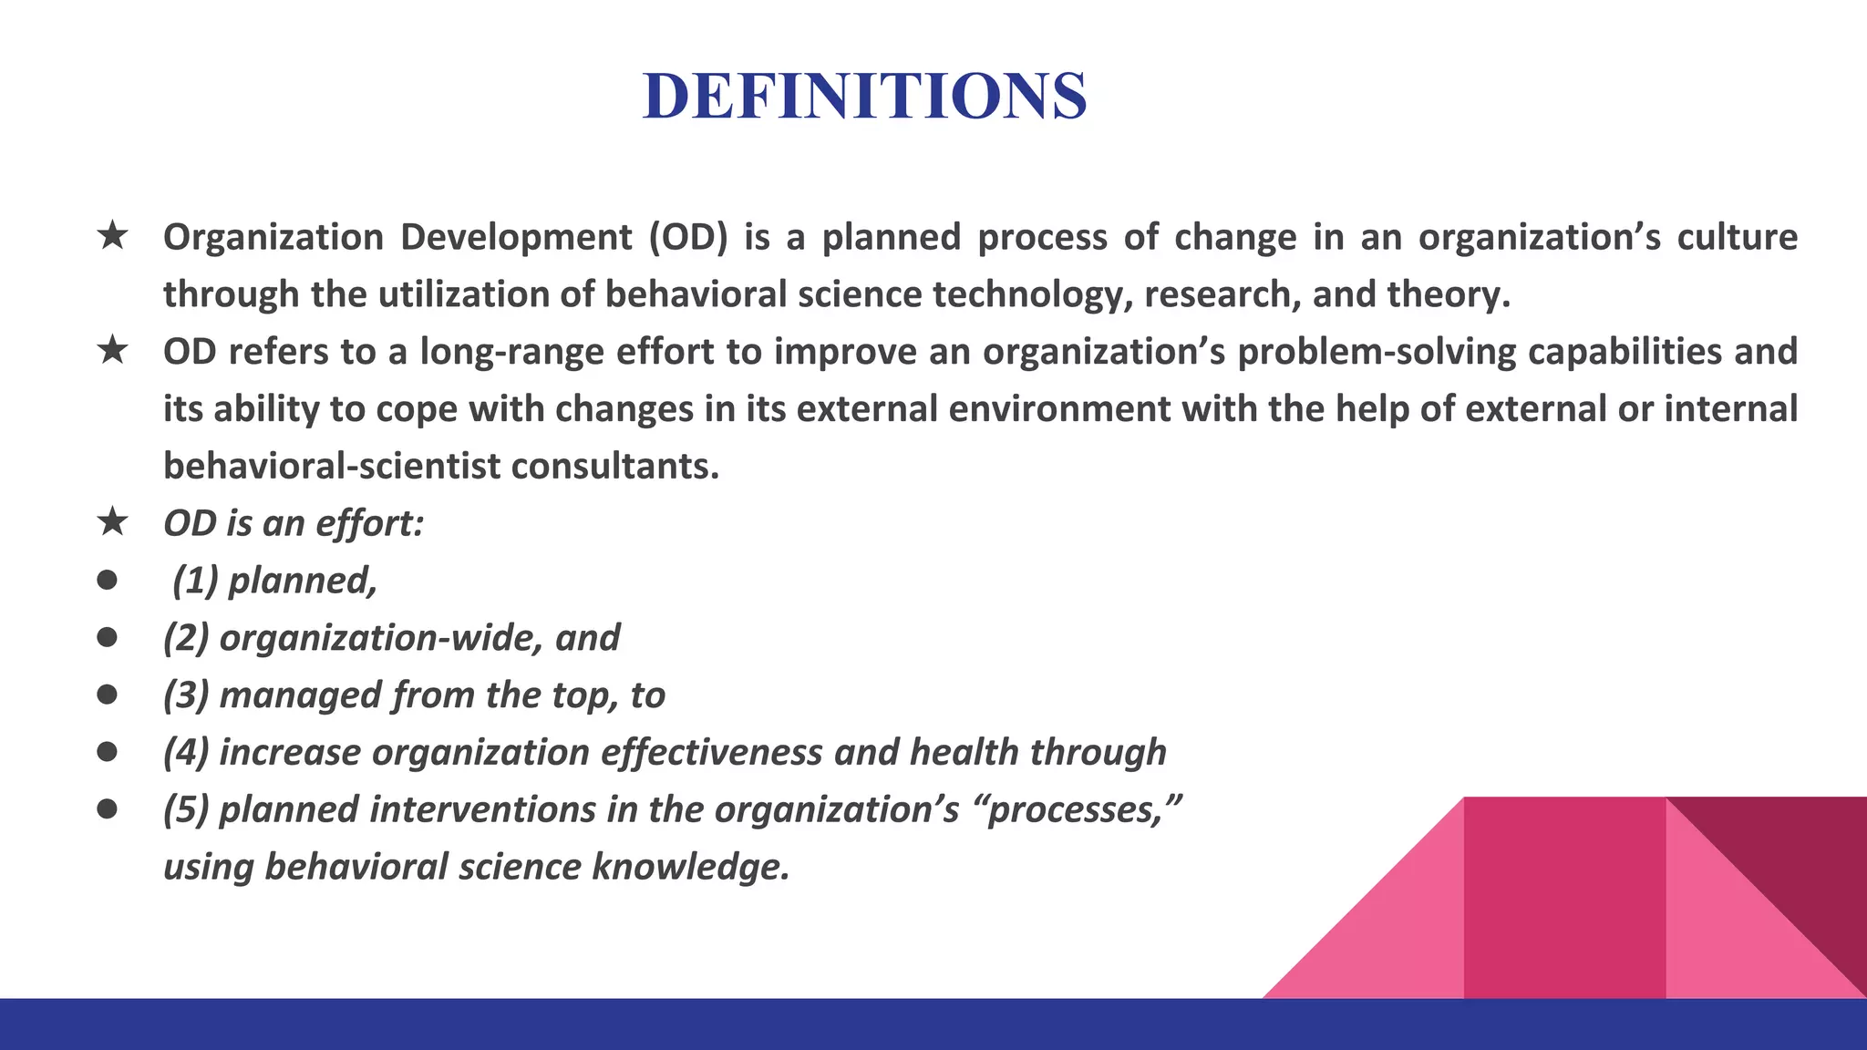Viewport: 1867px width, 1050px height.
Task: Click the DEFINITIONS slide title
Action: coord(864,96)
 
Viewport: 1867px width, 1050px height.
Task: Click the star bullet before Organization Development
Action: coord(112,236)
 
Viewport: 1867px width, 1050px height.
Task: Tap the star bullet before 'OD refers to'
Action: coord(112,350)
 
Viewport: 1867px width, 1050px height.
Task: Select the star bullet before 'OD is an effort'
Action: coord(112,522)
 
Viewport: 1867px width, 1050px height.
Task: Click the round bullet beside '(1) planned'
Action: coord(107,580)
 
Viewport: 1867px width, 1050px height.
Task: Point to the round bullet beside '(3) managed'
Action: coord(107,695)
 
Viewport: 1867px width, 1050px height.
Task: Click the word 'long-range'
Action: coord(511,352)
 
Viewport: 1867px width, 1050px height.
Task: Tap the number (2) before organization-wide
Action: coord(186,638)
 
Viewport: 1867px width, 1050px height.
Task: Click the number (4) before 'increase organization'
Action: coord(186,753)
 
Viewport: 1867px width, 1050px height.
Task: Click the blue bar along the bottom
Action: coord(933,1024)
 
